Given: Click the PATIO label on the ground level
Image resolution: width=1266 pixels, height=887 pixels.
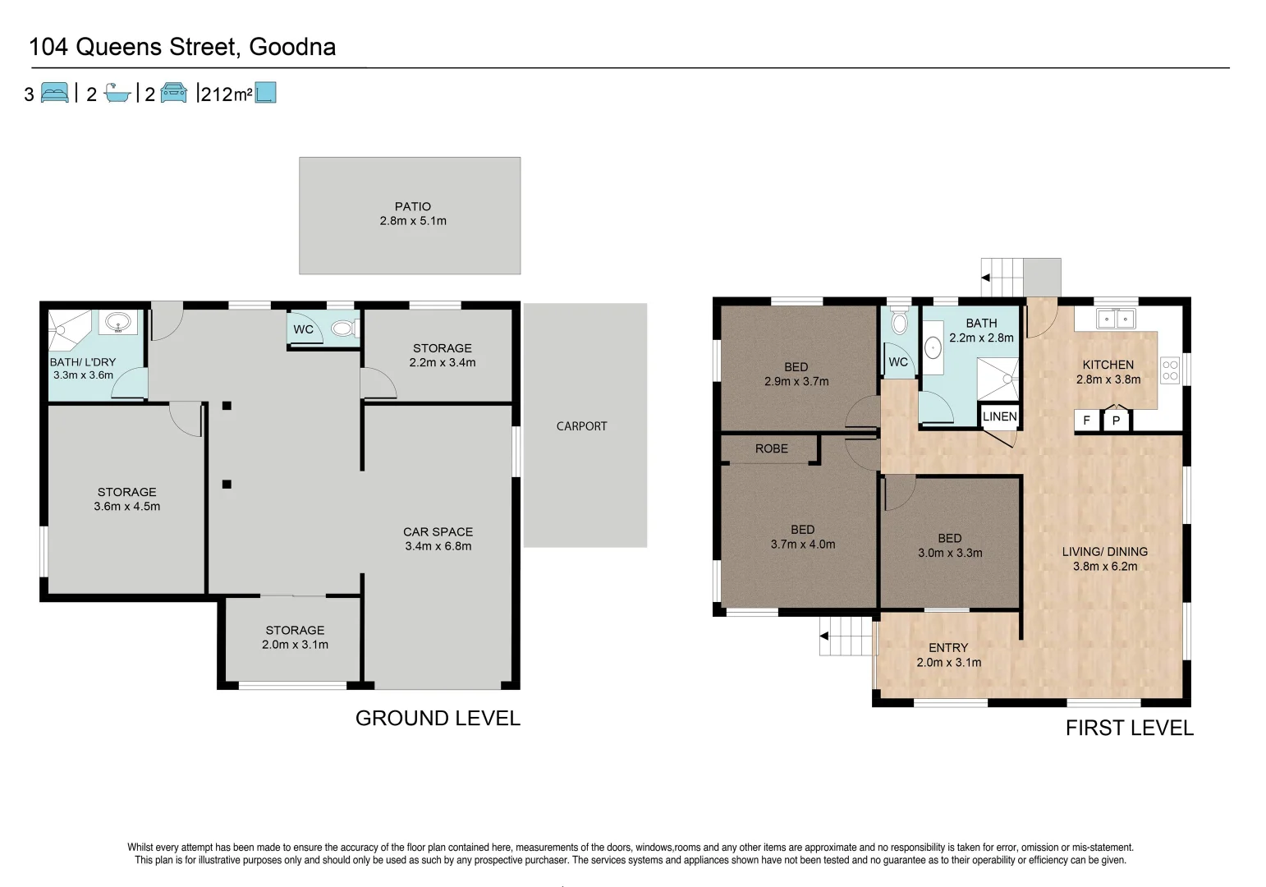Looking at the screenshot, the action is (x=413, y=206).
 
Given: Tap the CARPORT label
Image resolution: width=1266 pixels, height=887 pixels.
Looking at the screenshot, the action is (x=581, y=426).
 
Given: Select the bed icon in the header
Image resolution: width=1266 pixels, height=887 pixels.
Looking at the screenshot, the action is (x=55, y=93).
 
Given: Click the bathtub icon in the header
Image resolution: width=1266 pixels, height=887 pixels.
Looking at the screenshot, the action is (x=117, y=93).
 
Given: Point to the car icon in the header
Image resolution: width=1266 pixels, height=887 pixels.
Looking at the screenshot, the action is (x=173, y=93).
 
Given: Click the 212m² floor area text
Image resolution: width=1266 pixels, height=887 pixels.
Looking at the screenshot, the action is (x=226, y=94).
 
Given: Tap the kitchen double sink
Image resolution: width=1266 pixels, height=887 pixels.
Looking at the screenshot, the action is (x=1116, y=319).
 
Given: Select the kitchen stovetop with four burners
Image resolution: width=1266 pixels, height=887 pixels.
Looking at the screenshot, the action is (x=1170, y=370).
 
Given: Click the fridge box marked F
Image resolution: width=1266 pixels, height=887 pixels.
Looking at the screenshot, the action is (x=1086, y=421).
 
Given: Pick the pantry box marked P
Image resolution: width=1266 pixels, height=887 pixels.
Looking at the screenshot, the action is (x=1116, y=421).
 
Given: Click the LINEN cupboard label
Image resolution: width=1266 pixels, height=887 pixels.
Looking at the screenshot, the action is (x=999, y=416).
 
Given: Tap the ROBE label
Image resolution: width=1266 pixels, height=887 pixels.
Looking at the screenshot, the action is (x=772, y=449).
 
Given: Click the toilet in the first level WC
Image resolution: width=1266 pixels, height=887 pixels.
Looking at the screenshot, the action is (x=899, y=320).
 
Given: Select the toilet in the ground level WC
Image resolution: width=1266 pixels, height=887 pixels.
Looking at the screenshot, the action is (x=344, y=328).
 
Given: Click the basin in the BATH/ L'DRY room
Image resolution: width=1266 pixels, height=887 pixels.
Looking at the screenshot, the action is (x=118, y=323).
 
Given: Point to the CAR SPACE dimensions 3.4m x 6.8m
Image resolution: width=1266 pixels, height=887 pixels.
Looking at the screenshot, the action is (x=438, y=546).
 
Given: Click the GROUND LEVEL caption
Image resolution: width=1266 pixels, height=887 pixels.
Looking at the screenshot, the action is (x=438, y=719).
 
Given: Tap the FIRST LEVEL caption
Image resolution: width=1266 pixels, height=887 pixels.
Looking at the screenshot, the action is (x=1129, y=728).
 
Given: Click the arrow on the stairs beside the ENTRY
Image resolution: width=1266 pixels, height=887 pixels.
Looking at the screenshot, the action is (x=824, y=636).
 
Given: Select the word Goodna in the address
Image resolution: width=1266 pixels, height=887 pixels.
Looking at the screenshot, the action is (x=292, y=47).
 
